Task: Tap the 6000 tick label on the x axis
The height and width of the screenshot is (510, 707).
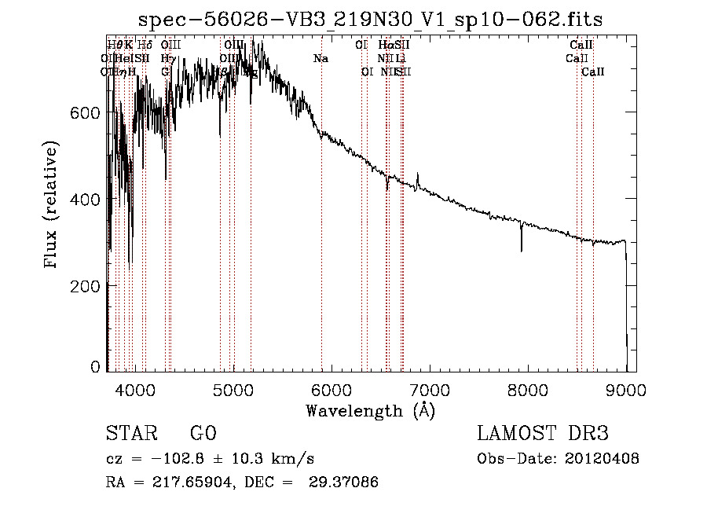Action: point(332,390)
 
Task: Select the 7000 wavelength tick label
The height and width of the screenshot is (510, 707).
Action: point(430,390)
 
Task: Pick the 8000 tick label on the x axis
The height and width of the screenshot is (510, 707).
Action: point(528,390)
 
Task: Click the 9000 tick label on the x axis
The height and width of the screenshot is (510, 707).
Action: point(626,390)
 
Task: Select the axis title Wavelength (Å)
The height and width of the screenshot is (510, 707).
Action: point(370,410)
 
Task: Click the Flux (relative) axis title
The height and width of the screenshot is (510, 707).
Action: point(52,206)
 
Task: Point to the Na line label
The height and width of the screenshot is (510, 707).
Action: point(321,58)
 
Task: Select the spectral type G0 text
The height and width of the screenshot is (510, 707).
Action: point(203,435)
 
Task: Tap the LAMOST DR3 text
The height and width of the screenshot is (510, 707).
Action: point(543,435)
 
